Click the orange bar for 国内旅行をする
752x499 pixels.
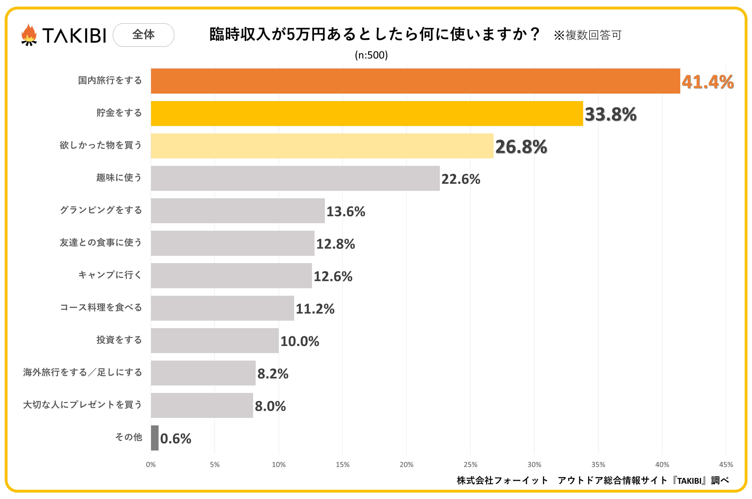coord(415,81)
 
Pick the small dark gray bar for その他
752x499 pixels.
coord(154,438)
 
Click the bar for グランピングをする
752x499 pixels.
coord(238,211)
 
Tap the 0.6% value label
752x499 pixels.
coord(176,438)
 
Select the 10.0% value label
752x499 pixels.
coord(299,341)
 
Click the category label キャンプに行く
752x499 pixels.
coord(110,275)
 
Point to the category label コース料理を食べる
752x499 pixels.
coord(101,307)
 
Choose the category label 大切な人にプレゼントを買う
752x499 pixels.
coord(82,405)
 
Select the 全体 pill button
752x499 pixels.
coord(143,35)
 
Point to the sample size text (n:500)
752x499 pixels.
coord(371,55)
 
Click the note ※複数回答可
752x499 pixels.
coord(588,35)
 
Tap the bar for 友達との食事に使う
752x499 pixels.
coord(232,243)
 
